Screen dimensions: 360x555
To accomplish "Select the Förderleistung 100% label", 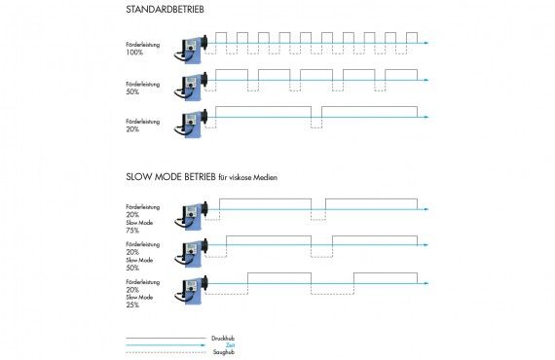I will pos(142,48).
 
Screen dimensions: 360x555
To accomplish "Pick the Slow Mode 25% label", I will pos(139,301).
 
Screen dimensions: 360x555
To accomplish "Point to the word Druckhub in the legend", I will pos(223,338).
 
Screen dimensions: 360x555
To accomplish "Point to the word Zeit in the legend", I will pos(230,344).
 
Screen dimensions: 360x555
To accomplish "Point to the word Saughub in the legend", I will pos(223,351).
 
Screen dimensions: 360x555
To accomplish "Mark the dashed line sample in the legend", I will pos(166,351).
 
